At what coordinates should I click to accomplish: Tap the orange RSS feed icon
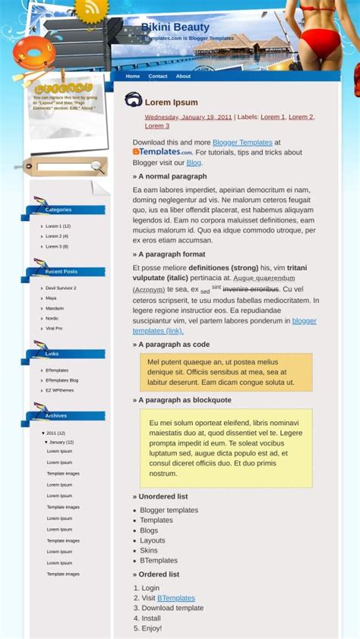point(92,9)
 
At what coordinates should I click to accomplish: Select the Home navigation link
point(133,76)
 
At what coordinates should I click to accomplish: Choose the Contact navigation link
point(158,76)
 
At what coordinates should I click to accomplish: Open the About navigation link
point(183,76)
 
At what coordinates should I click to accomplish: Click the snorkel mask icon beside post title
point(134,99)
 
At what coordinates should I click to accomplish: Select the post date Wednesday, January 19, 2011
point(188,117)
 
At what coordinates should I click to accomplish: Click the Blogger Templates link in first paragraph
point(242,142)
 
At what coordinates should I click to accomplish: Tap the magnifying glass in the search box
point(97,166)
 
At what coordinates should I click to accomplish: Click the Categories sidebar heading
point(58,209)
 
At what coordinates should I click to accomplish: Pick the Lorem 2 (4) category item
point(57,236)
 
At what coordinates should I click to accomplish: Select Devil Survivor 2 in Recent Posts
point(61,288)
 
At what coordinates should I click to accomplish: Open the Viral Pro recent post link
point(54,329)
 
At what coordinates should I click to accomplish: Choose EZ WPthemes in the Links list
point(59,390)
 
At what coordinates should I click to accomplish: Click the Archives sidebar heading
point(56,416)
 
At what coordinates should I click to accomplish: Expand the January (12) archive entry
point(61,442)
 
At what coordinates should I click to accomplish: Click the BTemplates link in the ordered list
point(176,598)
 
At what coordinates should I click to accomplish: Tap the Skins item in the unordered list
point(149,550)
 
